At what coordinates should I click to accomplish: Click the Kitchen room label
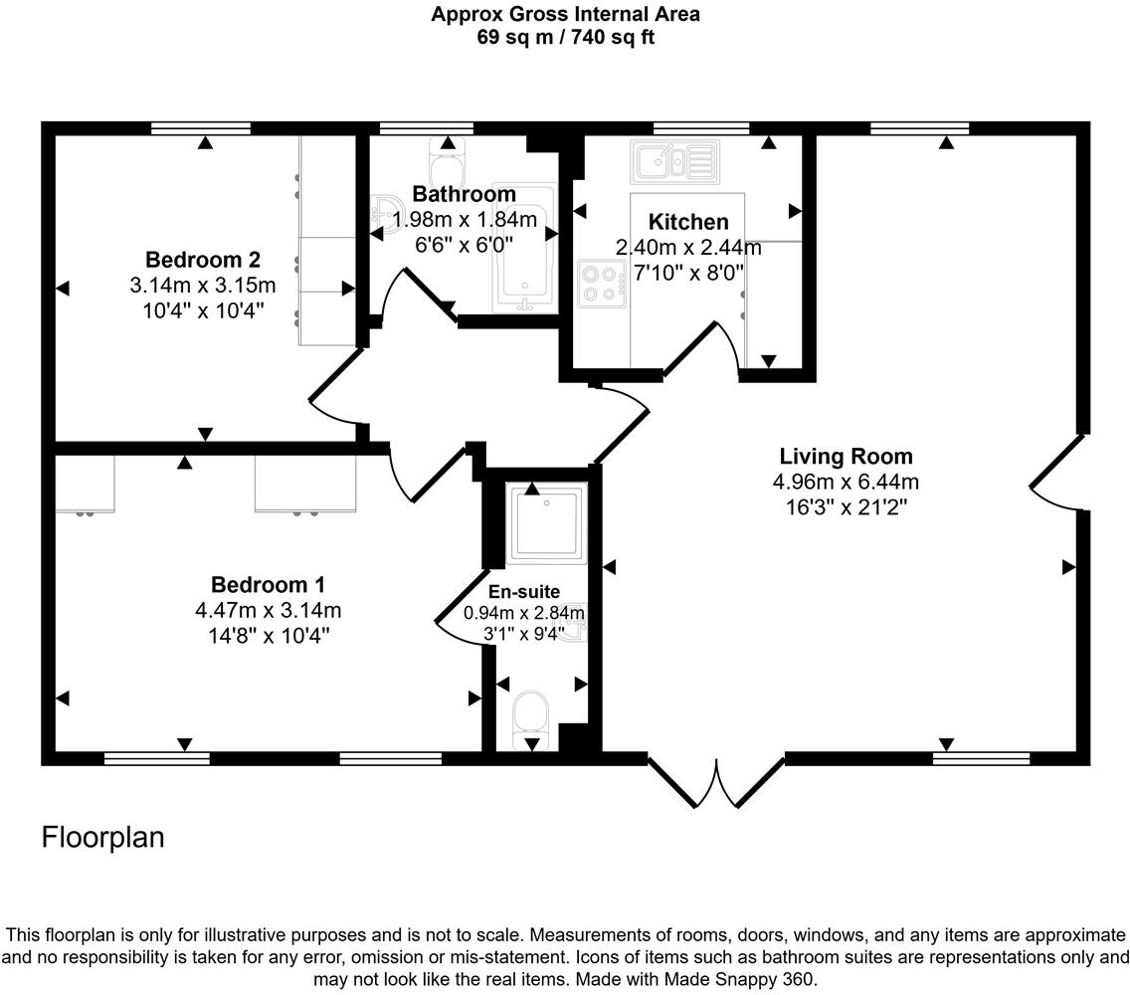point(688,222)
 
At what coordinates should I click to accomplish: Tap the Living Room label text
point(846,457)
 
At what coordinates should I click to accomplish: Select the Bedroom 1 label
point(267,584)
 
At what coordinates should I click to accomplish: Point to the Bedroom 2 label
point(203,260)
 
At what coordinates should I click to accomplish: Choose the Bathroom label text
point(465,194)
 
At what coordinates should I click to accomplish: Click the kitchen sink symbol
point(673,159)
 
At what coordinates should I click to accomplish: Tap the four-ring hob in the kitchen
point(601,282)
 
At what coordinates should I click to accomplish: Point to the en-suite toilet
point(531,719)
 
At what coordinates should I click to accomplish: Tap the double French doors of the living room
point(716,782)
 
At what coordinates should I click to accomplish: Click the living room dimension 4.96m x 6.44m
point(846,483)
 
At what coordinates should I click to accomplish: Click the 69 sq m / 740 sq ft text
point(565,38)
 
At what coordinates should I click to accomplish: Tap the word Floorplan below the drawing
point(102,838)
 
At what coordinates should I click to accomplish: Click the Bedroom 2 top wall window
point(201,127)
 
